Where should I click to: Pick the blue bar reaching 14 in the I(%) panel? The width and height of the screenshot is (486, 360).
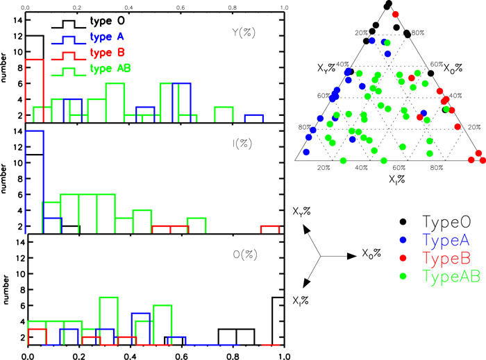click(35, 180)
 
